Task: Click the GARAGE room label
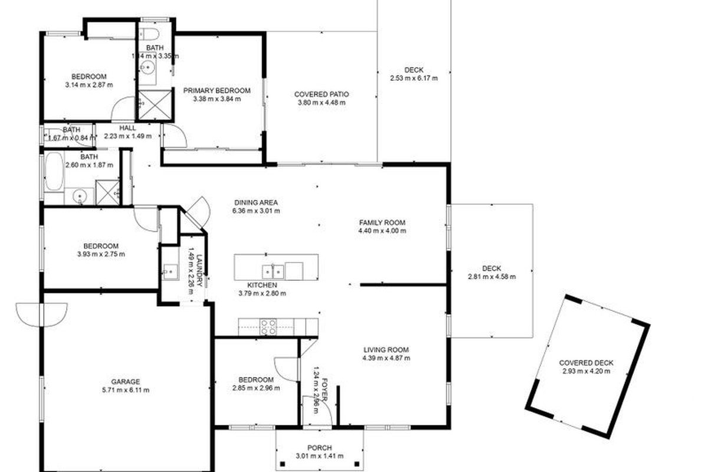(126, 382)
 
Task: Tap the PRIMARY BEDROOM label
(217, 90)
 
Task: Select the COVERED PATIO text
(322, 94)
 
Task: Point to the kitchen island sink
(275, 271)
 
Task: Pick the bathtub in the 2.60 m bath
(53, 171)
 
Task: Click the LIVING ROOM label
(386, 349)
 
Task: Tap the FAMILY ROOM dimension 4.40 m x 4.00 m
(382, 231)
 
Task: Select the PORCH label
(319, 447)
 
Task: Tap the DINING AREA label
(255, 202)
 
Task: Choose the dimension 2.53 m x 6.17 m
(414, 78)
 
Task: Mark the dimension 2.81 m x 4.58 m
(491, 276)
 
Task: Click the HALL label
(127, 128)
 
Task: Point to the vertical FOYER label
(323, 389)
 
